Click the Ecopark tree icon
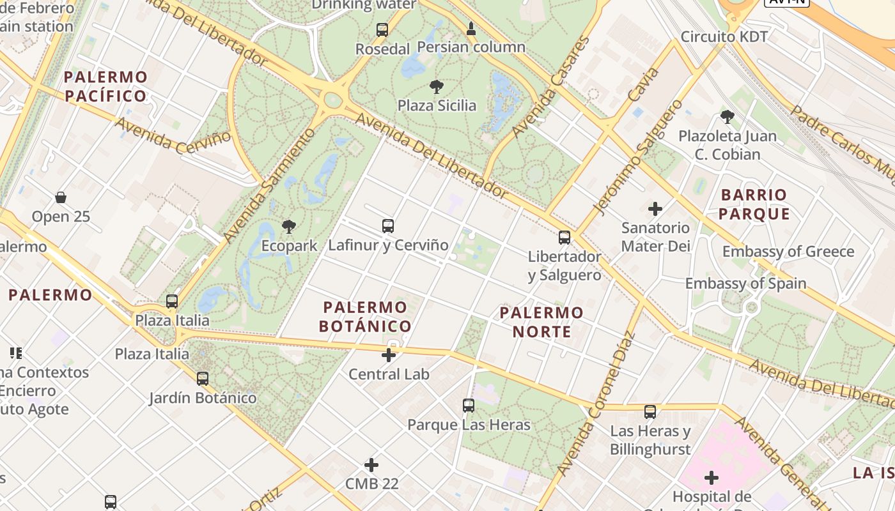click(289, 226)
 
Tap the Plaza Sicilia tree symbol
click(437, 86)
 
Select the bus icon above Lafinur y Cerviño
click(388, 225)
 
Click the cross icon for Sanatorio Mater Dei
click(655, 209)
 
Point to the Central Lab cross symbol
click(389, 355)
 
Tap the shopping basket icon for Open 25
click(61, 197)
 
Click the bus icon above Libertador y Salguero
click(564, 238)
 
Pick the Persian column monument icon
click(471, 28)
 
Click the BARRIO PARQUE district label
click(754, 204)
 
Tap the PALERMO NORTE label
click(541, 322)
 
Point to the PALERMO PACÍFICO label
click(105, 87)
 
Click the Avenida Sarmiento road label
click(270, 186)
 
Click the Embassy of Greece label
click(788, 252)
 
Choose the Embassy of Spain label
click(746, 283)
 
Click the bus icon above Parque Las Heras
click(469, 405)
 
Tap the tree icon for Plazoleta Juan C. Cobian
click(727, 116)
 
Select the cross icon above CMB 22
click(371, 464)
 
